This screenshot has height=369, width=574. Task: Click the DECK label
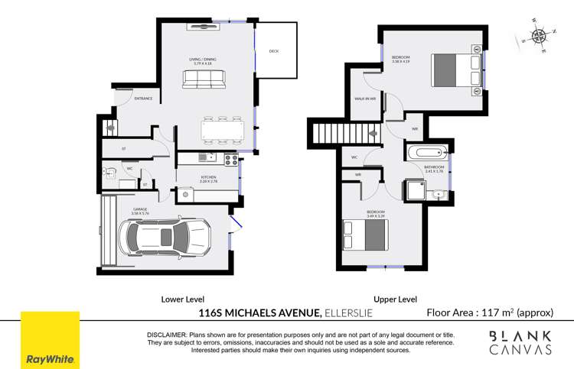(273, 52)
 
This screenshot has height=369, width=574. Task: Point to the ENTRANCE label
(143, 99)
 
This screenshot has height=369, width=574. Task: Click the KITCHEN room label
(188, 179)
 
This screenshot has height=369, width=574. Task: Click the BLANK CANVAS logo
(520, 342)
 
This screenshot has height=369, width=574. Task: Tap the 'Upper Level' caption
(394, 299)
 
